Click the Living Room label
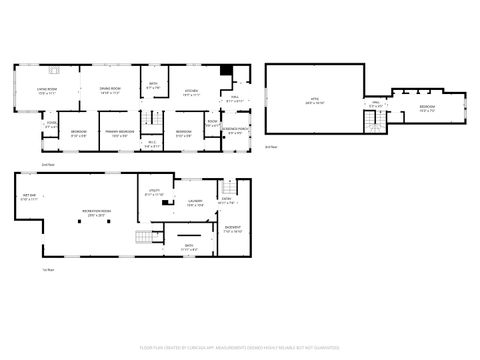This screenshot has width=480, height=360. [46, 90]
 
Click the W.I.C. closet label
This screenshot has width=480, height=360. [153, 143]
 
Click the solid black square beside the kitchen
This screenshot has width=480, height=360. [227, 71]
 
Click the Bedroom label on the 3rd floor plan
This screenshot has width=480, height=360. [426, 108]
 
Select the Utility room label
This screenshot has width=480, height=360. [156, 192]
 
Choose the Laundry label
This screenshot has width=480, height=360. [194, 203]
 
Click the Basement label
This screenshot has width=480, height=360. [232, 229]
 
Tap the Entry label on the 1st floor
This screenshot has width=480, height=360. [226, 201]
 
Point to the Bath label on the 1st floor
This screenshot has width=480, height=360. [189, 246]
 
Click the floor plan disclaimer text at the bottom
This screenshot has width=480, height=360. [240, 349]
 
